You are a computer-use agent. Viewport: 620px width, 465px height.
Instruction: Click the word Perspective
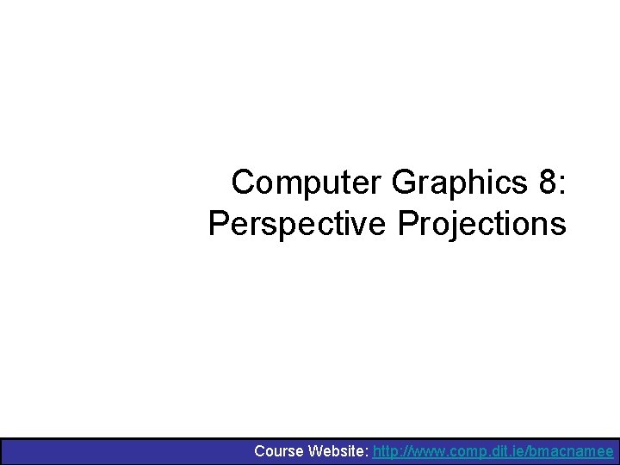(298, 224)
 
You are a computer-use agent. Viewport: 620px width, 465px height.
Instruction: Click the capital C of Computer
(245, 183)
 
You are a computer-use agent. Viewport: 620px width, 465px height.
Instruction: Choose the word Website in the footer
(338, 451)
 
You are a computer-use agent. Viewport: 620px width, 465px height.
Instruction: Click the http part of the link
(387, 451)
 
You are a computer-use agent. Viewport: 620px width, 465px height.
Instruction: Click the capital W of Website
(316, 451)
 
